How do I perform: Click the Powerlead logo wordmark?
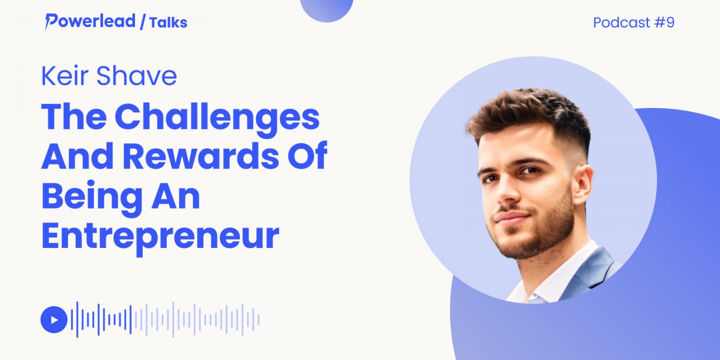[90, 21]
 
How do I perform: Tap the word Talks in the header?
[168, 22]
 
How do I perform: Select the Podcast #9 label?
[633, 22]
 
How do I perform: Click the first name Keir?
[64, 76]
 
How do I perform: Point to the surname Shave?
[136, 76]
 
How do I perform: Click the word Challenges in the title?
[217, 118]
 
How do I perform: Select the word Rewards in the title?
[201, 156]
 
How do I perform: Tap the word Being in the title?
[92, 197]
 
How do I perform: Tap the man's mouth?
[511, 218]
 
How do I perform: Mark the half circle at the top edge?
[326, 9]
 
